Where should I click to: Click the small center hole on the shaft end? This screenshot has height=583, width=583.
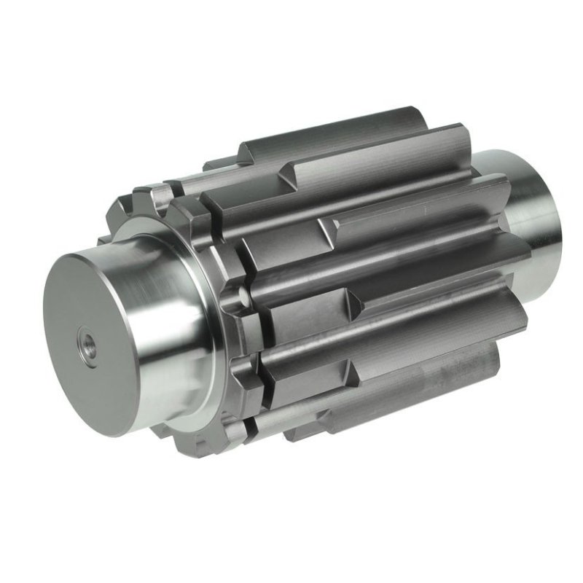click(x=86, y=340)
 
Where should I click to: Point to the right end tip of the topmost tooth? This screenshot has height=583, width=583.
click(x=430, y=114)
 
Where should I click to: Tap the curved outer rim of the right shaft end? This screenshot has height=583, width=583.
click(x=554, y=219)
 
